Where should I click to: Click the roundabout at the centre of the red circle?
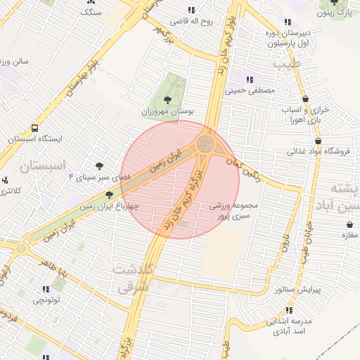pyautogui.click(x=205, y=144)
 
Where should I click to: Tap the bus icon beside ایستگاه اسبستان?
pyautogui.click(x=35, y=129)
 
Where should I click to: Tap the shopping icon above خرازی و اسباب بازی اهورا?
pyautogui.click(x=305, y=99)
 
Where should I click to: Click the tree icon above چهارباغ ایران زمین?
pyautogui.click(x=109, y=195)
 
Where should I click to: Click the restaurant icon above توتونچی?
pyautogui.click(x=46, y=289)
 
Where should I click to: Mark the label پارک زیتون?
pyautogui.click(x=342, y=13)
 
